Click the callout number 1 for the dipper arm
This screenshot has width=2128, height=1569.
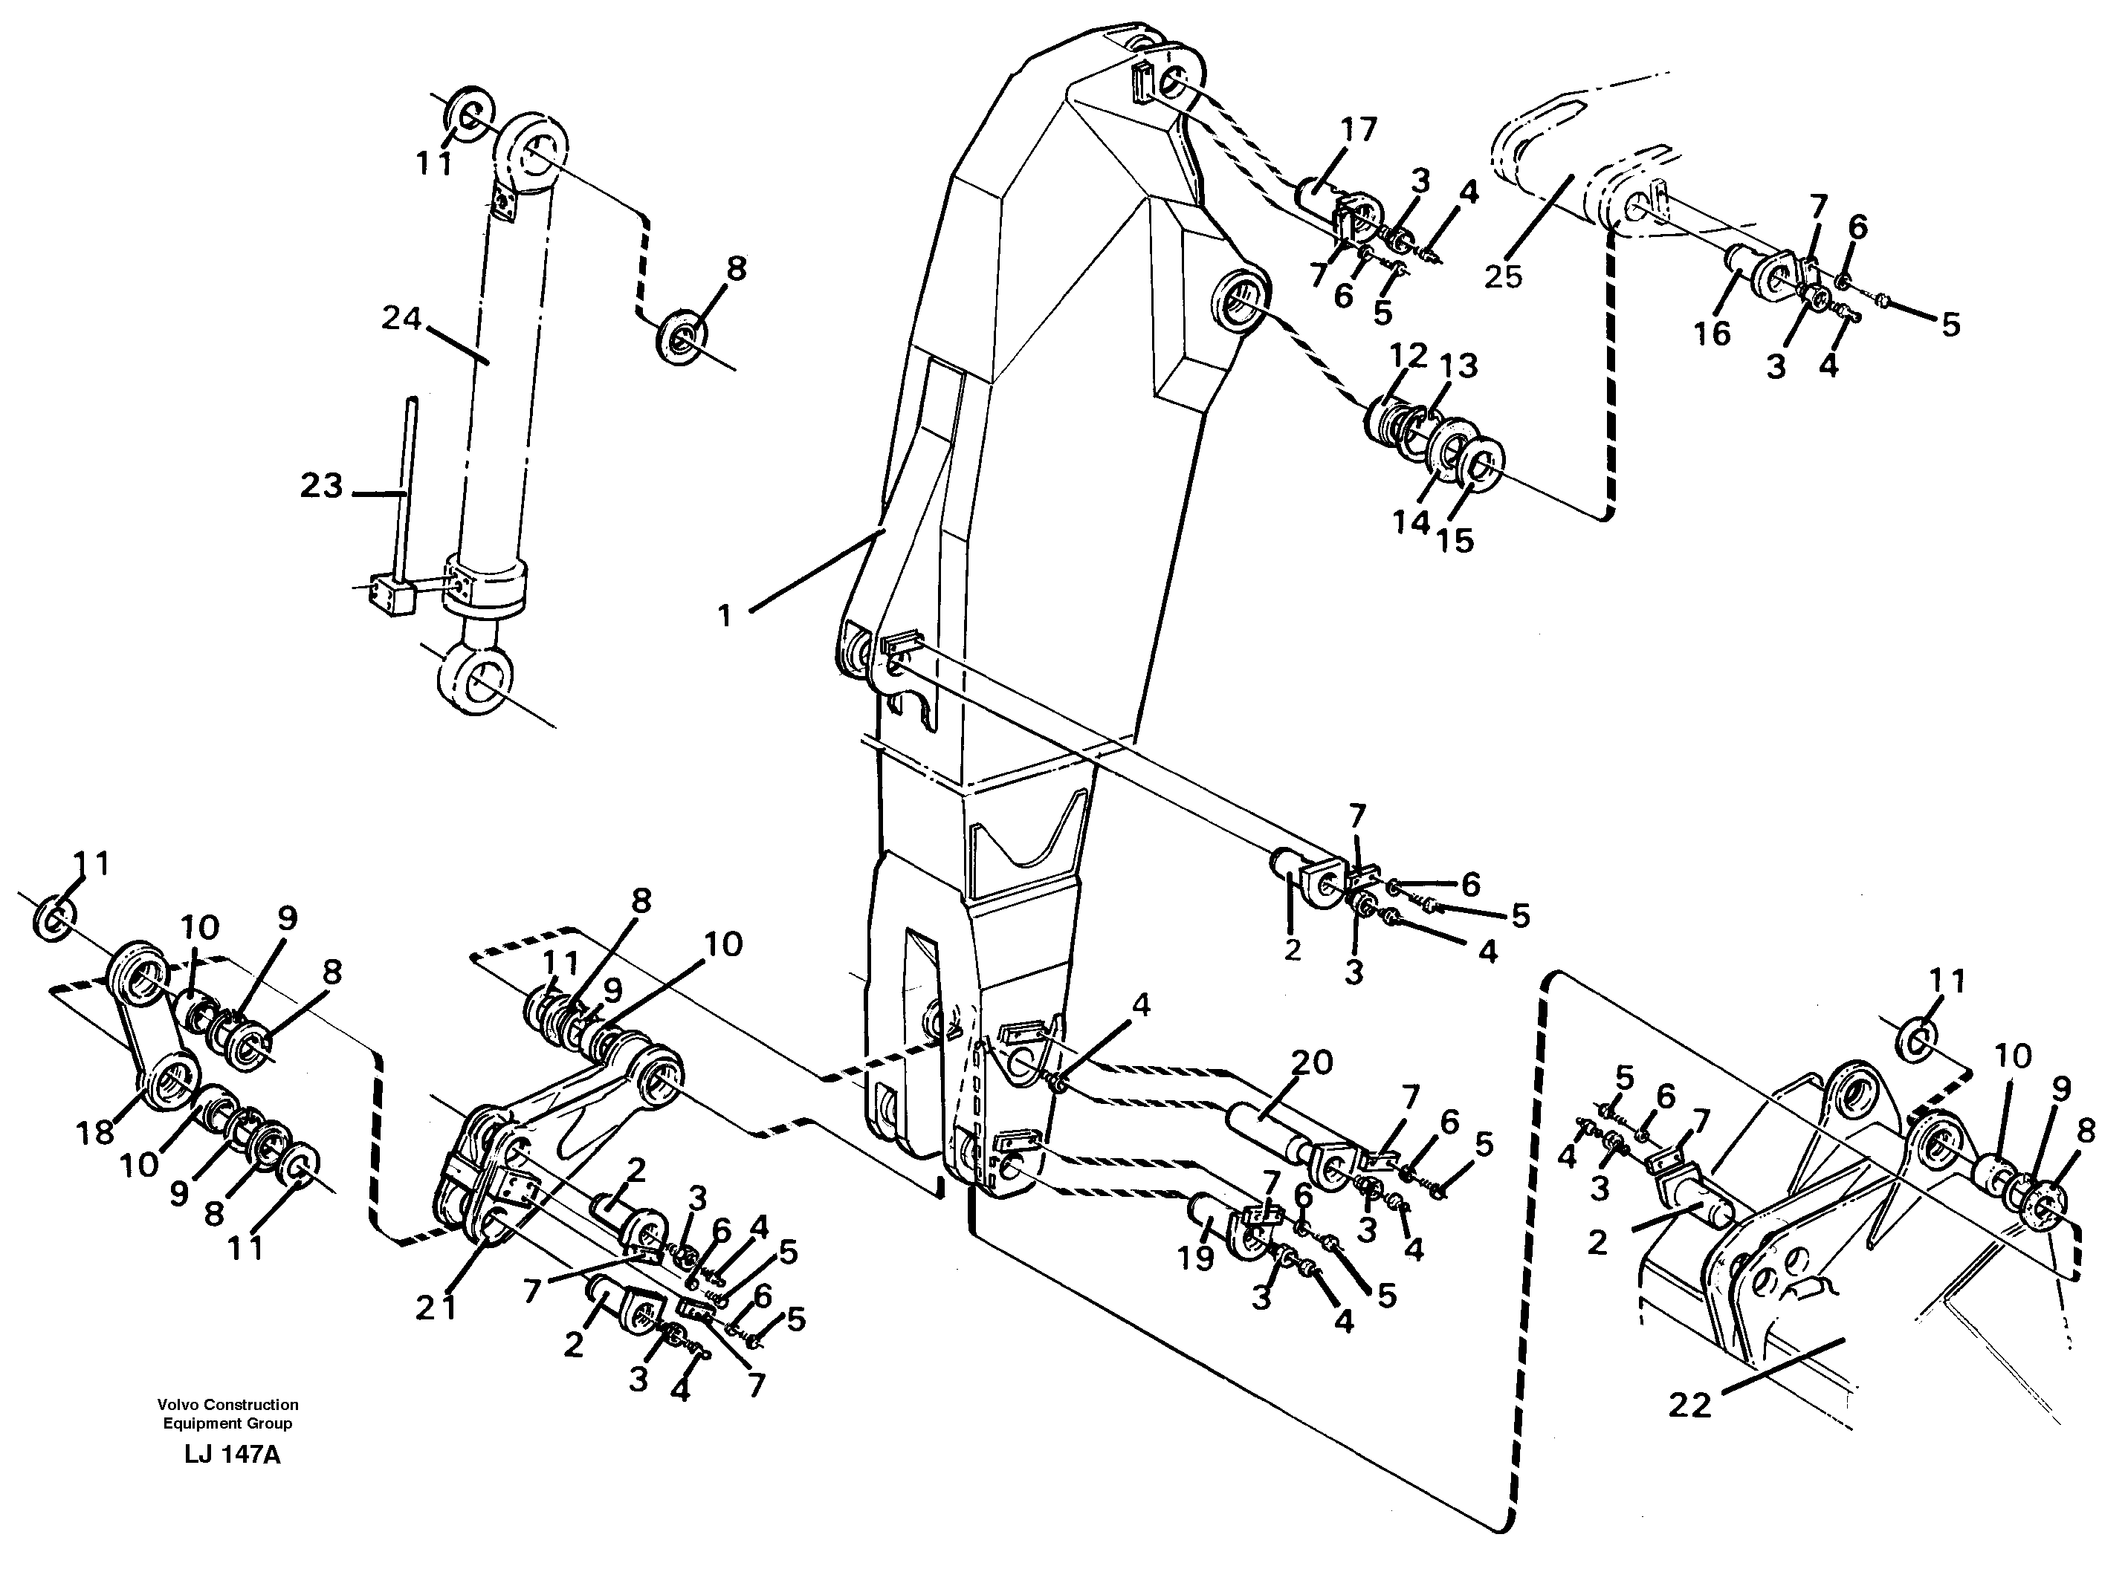click(x=725, y=617)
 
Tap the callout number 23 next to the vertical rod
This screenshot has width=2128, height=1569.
click(x=321, y=487)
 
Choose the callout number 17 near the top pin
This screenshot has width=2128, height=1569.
click(x=1359, y=129)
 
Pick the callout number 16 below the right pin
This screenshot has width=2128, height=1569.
click(x=1712, y=334)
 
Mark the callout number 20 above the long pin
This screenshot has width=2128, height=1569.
click(x=1311, y=1062)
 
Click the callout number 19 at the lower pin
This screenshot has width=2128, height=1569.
click(x=1196, y=1259)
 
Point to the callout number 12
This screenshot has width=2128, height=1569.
click(x=1407, y=355)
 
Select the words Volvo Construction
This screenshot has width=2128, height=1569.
click(x=228, y=1404)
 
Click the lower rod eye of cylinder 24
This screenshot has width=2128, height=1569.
click(x=477, y=680)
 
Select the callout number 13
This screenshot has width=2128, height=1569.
click(x=1459, y=365)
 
